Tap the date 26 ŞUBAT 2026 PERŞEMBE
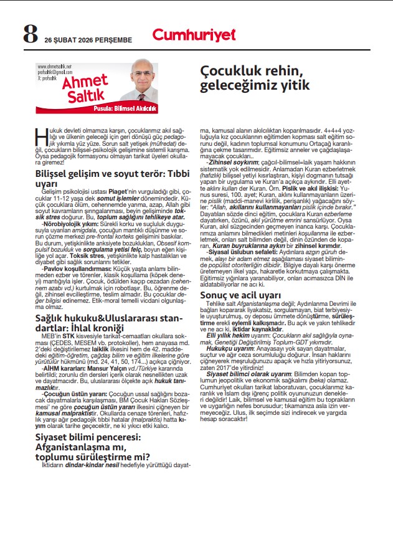click(88, 39)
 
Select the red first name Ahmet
click(78, 85)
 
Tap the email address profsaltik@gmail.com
click(55, 72)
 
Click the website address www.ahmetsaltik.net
click(55, 66)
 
